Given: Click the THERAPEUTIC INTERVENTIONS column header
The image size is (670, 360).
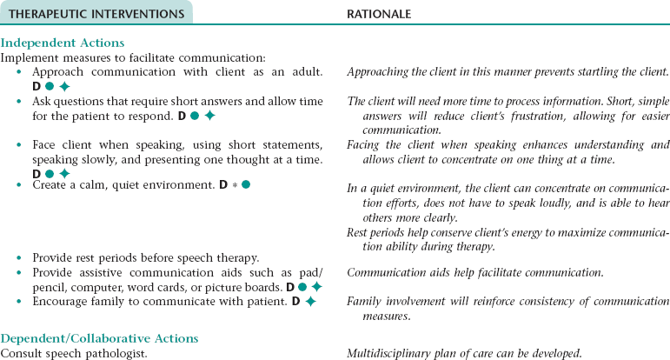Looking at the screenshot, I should (96, 14).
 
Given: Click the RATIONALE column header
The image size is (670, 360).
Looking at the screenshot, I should (379, 14).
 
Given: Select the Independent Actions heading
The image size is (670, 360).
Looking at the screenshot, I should (63, 43).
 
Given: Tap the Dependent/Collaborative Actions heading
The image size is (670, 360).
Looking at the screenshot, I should (99, 338).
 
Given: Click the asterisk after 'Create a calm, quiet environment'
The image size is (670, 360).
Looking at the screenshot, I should (234, 185).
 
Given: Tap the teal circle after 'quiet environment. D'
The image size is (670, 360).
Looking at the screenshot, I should (246, 185).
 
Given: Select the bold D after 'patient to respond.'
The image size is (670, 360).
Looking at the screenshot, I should (182, 116).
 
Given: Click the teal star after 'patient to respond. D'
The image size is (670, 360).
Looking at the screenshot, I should (209, 116).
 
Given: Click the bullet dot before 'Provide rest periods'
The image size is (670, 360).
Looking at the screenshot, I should (20, 258).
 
